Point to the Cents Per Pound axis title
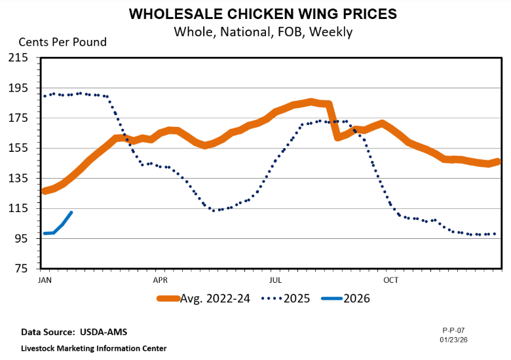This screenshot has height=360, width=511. [x=62, y=43]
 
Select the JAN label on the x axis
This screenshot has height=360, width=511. [x=45, y=280]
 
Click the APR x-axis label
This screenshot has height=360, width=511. [x=160, y=280]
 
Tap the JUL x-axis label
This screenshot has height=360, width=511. [x=275, y=280]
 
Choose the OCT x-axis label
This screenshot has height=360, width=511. [x=391, y=280]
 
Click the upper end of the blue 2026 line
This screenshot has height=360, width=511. [x=71, y=213]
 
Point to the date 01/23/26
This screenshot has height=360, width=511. [x=453, y=339]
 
